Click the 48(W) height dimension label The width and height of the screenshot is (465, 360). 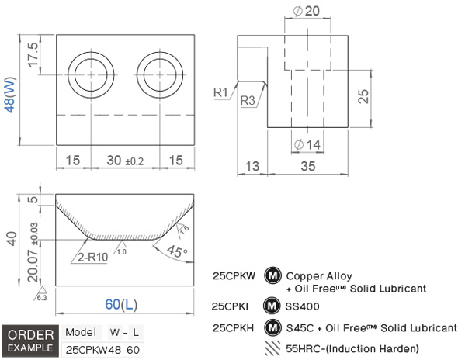point(10,95)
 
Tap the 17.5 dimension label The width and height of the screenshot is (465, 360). point(33,54)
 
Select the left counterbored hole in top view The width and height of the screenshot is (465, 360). point(91,75)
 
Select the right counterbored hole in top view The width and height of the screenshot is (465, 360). point(160,75)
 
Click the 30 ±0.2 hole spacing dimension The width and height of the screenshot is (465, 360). point(125,161)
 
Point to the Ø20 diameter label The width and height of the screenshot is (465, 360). point(307,11)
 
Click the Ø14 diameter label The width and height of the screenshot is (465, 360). point(307,145)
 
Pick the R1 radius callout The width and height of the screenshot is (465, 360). point(220,92)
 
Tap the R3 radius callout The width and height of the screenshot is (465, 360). point(248,100)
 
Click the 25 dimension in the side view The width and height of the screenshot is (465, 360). point(363,96)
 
